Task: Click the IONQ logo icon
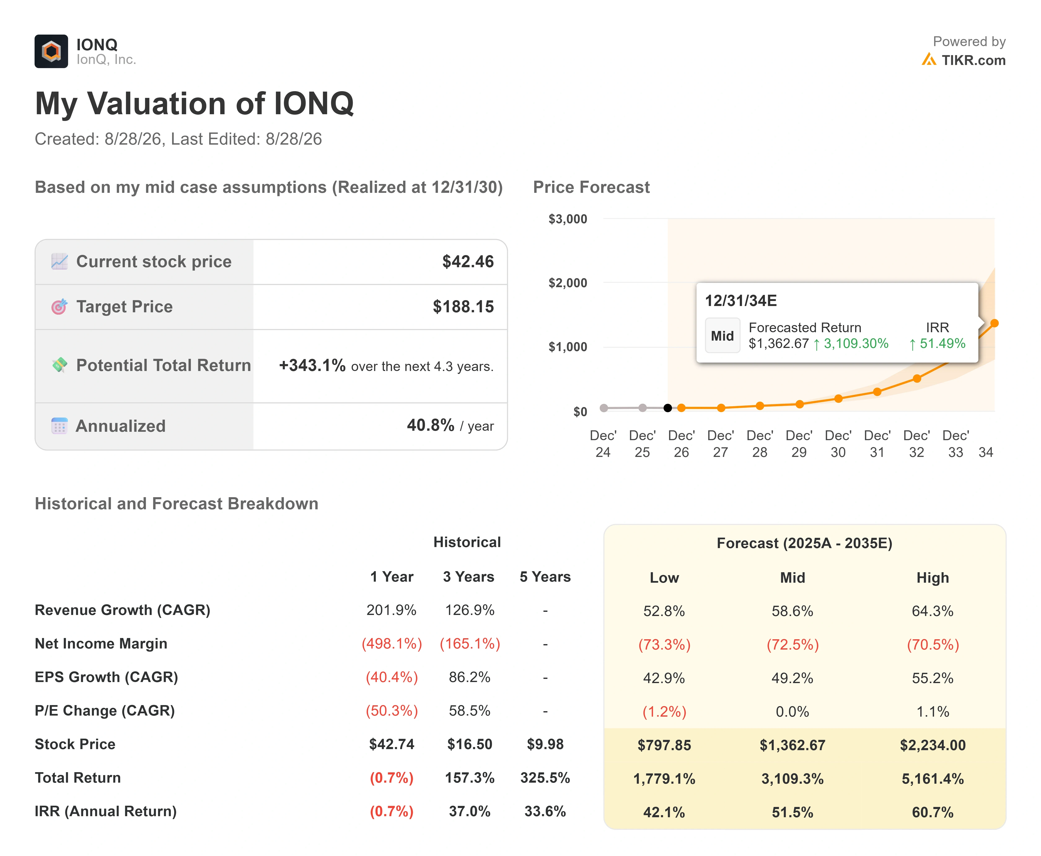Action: tap(51, 51)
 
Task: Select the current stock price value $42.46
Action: tap(468, 261)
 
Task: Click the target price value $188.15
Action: tap(463, 307)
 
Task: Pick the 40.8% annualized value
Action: tap(430, 425)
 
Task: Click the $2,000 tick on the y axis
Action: tap(568, 283)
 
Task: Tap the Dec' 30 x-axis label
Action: tap(838, 444)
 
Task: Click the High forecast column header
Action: tap(932, 578)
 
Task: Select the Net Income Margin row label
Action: tap(101, 643)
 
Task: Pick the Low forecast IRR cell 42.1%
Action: tap(664, 812)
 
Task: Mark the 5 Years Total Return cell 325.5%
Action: tap(545, 778)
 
